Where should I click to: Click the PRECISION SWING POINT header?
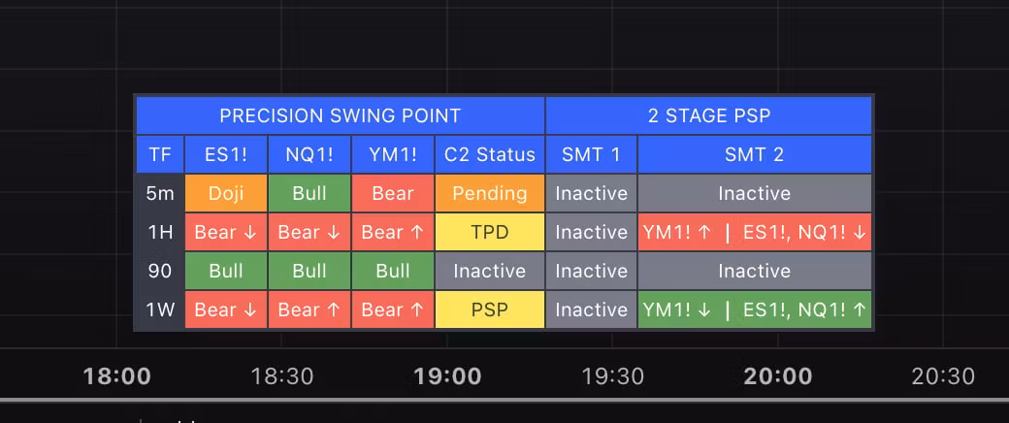pos(341,115)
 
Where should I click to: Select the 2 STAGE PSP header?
pos(708,115)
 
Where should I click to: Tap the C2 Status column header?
pos(490,154)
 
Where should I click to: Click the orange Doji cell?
pos(226,193)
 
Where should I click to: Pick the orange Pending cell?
pos(490,193)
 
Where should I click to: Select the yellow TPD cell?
pos(490,232)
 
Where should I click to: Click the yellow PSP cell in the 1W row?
pos(490,309)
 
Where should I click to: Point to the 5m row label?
pos(160,193)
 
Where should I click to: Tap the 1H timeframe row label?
pos(160,232)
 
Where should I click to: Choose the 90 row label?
pos(160,271)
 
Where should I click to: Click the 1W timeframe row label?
pos(160,309)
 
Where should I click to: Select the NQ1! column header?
pos(309,154)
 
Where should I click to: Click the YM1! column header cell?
pos(393,154)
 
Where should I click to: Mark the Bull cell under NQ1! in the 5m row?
pos(309,193)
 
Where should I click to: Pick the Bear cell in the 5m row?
pos(393,193)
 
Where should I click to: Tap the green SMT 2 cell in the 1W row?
pos(754,309)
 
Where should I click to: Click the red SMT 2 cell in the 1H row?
pos(754,232)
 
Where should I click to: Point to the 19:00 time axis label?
pos(447,376)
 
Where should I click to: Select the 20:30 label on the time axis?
pos(943,376)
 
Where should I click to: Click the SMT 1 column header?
pos(592,154)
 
